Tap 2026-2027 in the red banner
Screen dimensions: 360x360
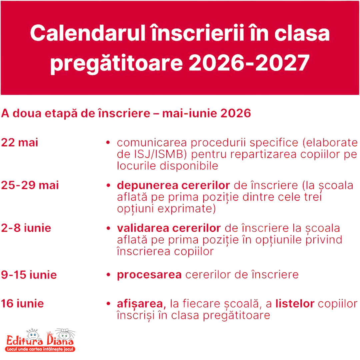(x=249, y=62)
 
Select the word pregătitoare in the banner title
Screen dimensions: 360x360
(x=117, y=64)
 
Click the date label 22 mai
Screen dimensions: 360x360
(x=20, y=142)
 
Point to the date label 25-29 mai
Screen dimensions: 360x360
(x=30, y=185)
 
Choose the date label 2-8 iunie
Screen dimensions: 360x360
(x=26, y=228)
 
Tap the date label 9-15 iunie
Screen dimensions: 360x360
(x=29, y=275)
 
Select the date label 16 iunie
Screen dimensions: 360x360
(x=22, y=304)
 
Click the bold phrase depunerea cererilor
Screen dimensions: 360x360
(x=173, y=186)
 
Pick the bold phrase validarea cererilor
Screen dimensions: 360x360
(x=169, y=228)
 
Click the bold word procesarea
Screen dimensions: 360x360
(x=149, y=275)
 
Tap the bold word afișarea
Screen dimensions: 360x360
(x=141, y=304)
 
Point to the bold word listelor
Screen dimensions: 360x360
(x=295, y=304)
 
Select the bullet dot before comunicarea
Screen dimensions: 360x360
(x=108, y=143)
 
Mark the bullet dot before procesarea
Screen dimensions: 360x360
(x=108, y=275)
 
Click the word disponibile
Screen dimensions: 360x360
(x=189, y=166)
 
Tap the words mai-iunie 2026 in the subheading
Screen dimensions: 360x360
(x=206, y=113)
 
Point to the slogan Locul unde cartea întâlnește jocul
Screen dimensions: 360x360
(x=40, y=349)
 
